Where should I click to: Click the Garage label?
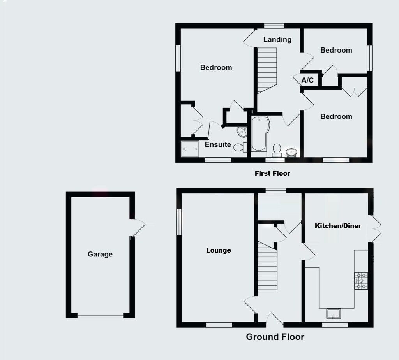tap(100, 254)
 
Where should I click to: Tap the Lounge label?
tap(218, 250)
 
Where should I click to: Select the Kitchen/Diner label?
tap(338, 226)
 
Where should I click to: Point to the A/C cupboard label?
tap(307, 81)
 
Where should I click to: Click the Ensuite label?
tap(218, 144)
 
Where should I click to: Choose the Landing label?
tap(277, 39)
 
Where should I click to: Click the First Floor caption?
tap(272, 173)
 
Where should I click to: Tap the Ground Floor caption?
tap(275, 337)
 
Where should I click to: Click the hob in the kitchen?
tap(360, 281)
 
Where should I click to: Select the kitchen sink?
tap(334, 313)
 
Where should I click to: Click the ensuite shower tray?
tap(190, 149)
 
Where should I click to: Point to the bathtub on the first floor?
tap(259, 133)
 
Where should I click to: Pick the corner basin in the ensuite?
tap(242, 132)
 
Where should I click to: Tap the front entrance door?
tap(275, 319)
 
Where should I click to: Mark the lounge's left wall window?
tap(179, 222)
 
